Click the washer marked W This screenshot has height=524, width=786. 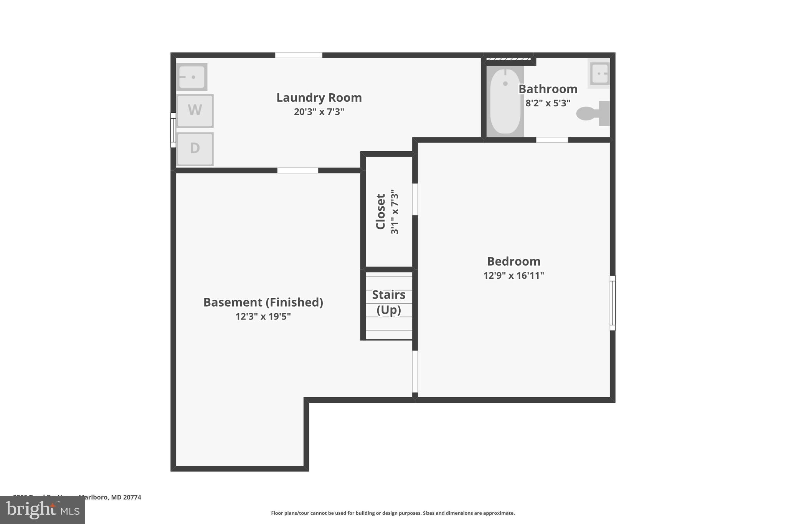coord(195,111)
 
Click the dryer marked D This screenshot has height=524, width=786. coord(195,149)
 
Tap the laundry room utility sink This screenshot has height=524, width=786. coord(192,77)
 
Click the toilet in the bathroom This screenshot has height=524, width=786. coord(593,113)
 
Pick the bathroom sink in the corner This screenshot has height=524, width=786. coord(599,73)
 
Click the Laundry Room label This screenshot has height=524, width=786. coord(319,98)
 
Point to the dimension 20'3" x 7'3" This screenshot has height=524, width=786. coord(319,112)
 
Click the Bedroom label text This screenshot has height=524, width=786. coord(514,261)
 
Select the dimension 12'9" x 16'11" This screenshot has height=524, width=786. coord(514,276)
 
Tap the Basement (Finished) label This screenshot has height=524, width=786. coord(263,302)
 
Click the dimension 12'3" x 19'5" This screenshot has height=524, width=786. coord(263,317)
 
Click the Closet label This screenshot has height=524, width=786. coord(380,212)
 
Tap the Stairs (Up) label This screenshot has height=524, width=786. coord(388,302)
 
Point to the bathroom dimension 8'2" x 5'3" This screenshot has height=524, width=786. coord(548,103)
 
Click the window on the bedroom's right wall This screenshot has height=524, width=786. coord(613,303)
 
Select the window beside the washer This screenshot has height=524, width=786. coord(173,130)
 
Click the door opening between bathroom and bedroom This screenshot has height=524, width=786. coord(552,140)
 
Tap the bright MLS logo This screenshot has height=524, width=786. coord(43,510)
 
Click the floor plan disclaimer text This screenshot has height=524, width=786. coord(393,513)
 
